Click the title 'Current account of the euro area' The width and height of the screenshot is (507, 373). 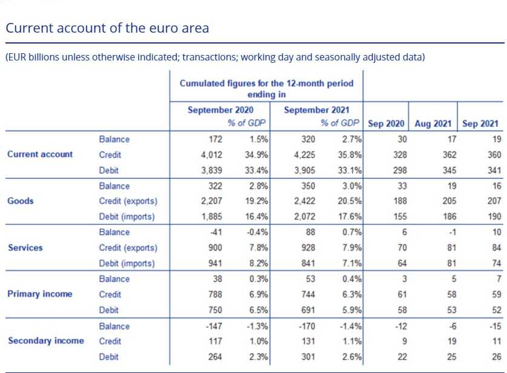(x=107, y=28)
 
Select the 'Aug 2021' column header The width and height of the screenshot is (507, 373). (x=433, y=123)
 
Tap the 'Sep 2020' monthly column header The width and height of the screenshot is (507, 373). (x=386, y=123)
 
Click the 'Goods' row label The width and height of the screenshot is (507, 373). (x=21, y=201)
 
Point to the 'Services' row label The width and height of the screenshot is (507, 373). (x=25, y=248)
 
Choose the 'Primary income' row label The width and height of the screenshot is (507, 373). (x=39, y=294)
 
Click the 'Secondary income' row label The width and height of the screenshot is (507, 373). (x=45, y=341)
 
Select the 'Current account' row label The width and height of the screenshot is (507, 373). (x=40, y=154)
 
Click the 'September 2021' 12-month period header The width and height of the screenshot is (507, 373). (x=315, y=110)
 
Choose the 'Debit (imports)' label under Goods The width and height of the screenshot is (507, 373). (x=126, y=216)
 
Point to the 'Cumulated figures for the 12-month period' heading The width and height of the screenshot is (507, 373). (x=266, y=83)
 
